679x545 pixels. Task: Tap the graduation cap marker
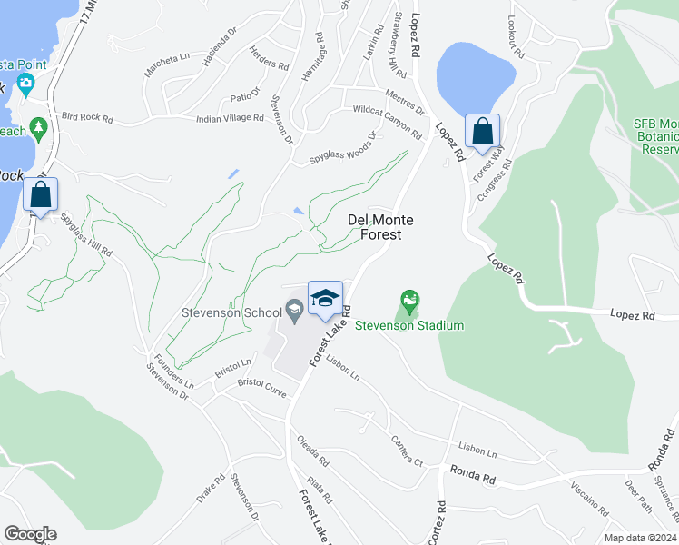click(x=325, y=298)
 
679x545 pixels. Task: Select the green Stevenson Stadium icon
click(x=410, y=299)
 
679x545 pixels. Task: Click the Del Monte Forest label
click(x=381, y=227)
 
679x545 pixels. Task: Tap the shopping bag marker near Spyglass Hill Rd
click(x=41, y=194)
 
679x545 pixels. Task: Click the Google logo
click(x=30, y=534)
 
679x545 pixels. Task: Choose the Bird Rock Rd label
click(x=87, y=118)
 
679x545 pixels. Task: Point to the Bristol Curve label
click(x=261, y=388)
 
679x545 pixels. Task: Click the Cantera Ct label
click(x=407, y=451)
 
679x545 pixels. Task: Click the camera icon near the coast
click(x=25, y=85)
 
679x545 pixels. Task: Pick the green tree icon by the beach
click(x=37, y=127)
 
